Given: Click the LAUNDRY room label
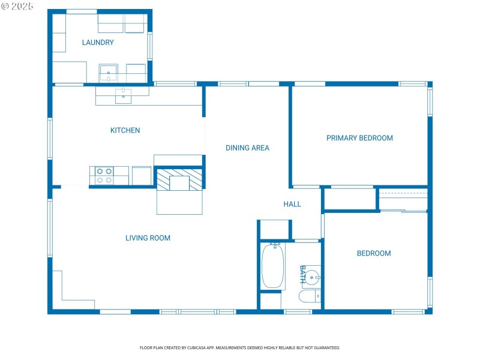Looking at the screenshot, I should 98,43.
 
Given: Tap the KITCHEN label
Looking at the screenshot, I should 125,130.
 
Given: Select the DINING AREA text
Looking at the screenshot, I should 247,148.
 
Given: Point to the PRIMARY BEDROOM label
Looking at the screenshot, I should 359,138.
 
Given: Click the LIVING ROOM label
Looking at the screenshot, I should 148,238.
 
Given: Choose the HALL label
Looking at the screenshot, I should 292,204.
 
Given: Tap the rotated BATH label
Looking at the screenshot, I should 303,274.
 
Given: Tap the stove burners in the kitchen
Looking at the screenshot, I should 104,175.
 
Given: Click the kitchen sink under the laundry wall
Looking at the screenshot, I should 124,95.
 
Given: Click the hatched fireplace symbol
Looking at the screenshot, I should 179,179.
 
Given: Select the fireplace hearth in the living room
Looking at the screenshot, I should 179,202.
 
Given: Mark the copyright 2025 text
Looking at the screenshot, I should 17,6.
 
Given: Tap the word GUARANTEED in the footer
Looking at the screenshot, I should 327,347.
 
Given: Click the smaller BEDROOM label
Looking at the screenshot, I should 374,253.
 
